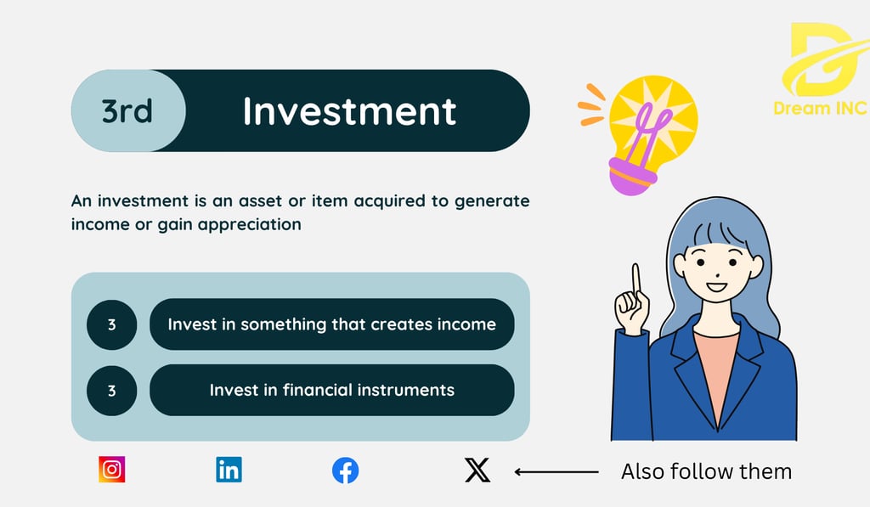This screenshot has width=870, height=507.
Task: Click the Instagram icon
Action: [111, 470]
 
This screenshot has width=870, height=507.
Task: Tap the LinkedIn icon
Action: [229, 470]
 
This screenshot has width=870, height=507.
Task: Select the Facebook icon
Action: [345, 470]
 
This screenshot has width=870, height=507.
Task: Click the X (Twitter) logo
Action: [477, 470]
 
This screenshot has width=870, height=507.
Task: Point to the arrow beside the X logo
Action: [556, 472]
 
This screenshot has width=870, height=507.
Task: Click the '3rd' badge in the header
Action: [127, 110]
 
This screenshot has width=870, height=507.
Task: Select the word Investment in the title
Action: [349, 111]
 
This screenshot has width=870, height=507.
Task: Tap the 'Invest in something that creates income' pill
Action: [332, 324]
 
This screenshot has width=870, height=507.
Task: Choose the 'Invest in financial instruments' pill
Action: [332, 390]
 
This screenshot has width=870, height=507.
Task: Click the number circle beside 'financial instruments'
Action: [111, 391]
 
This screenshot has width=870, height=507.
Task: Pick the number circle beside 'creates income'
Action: [111, 324]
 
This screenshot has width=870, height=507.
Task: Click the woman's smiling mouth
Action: [716, 287]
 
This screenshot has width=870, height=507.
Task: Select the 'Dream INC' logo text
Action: [820, 108]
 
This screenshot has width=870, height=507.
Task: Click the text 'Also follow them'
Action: [706, 471]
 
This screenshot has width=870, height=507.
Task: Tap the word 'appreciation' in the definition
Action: [250, 225]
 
